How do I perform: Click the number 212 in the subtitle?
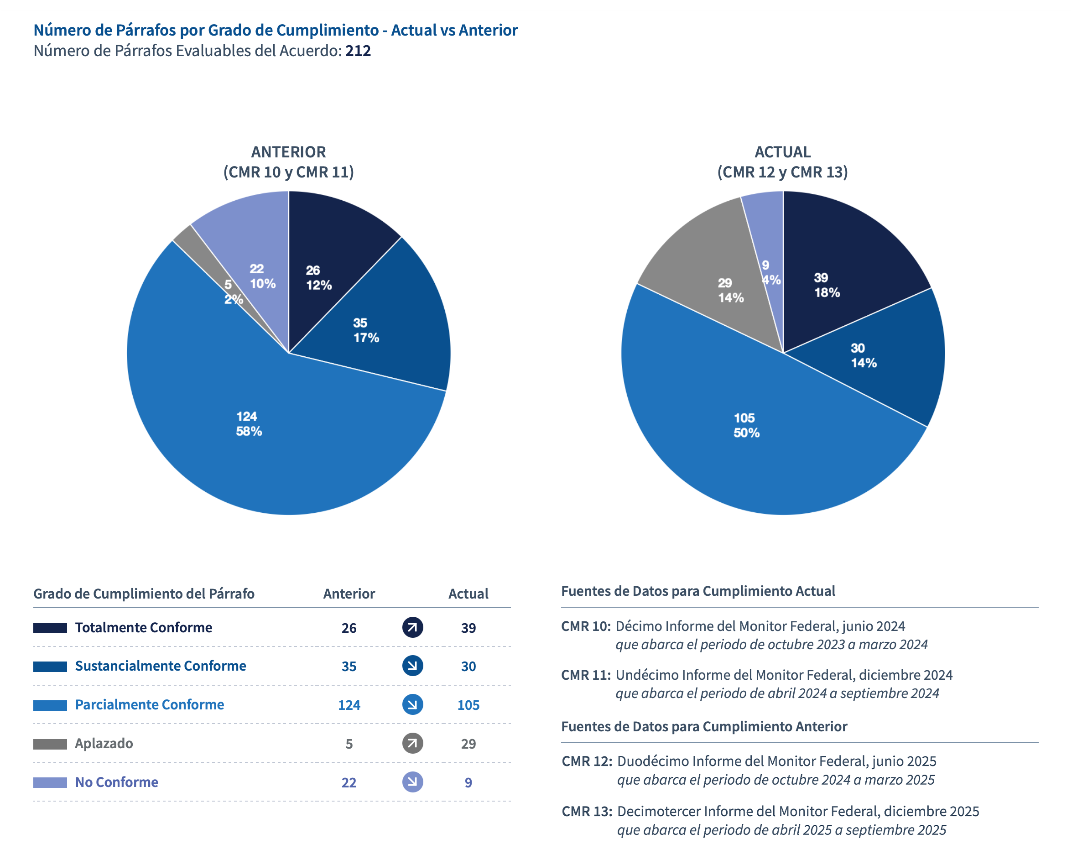[358, 51]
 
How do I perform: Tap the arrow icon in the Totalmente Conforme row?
[412, 628]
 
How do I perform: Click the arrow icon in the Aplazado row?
[412, 743]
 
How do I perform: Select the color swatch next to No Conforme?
[50, 782]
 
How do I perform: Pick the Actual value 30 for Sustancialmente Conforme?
[468, 666]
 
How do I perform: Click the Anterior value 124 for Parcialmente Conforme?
[349, 705]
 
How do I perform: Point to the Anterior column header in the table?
[349, 594]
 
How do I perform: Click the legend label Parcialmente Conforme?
[149, 705]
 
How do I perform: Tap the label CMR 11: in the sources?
[586, 675]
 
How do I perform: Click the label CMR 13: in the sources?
[587, 812]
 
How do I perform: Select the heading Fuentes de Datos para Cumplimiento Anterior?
[703, 726]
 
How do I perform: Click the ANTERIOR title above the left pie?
[288, 152]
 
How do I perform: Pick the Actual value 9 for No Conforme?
[468, 783]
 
